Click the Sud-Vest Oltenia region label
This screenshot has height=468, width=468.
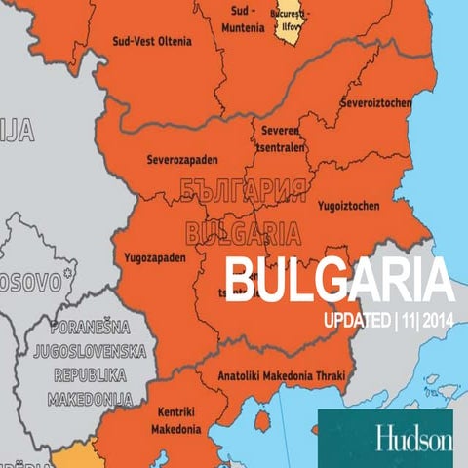coord(154,41)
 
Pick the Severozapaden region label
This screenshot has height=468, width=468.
coord(182,160)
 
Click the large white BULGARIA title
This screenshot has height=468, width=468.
coord(339,283)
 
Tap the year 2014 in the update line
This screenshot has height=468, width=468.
coord(433,324)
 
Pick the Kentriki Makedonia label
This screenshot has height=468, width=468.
coord(176,420)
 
